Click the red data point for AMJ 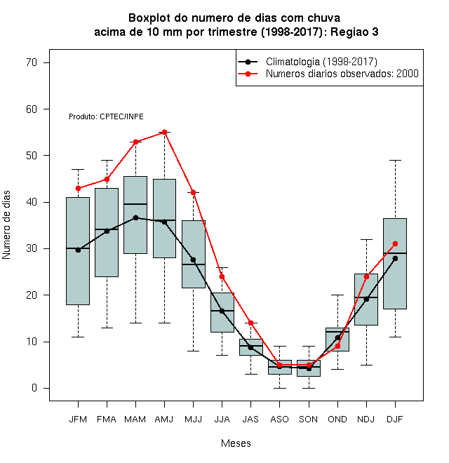tap(165, 133)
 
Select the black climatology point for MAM tap(135, 217)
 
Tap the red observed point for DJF tap(395, 243)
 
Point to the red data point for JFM tap(78, 189)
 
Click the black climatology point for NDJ tap(367, 299)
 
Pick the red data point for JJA tap(222, 276)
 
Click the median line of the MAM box tap(135, 204)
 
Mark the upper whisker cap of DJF tap(395, 161)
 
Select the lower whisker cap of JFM tap(78, 337)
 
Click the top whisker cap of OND tap(337, 295)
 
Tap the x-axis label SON tap(309, 420)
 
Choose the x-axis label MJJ tap(193, 420)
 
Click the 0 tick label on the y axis tap(34, 388)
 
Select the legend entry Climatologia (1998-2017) tap(307, 62)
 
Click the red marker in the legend tap(248, 74)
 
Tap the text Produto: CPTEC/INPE tap(107, 116)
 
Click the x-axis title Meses tap(236, 443)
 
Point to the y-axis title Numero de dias tap(6, 225)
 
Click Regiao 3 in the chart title tap(354, 32)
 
